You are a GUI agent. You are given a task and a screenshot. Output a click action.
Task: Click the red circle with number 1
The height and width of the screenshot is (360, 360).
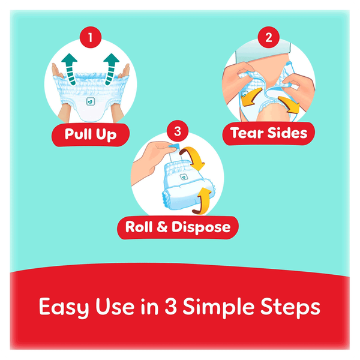pos(91,37)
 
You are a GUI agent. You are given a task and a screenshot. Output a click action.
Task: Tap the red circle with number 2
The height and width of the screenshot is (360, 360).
pos(268,37)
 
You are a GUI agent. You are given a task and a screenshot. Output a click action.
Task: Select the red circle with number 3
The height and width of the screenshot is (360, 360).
pos(178,131)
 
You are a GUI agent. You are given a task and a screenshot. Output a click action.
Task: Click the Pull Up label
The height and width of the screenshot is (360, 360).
pos(91,135)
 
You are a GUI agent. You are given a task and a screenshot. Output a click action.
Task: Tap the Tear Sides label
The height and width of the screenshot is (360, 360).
pos(269,133)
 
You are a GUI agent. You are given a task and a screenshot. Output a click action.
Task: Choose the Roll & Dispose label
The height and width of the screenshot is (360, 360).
pos(178,227)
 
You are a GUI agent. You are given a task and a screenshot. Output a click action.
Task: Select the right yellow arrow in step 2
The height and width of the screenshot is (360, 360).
pos(290,104)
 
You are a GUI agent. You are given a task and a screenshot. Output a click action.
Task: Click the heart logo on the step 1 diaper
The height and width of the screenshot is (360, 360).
pos(91,101)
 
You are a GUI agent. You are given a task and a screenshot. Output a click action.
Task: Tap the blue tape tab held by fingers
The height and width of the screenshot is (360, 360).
pos(174,147)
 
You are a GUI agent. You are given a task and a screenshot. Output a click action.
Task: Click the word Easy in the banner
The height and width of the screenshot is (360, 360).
pos(64,307)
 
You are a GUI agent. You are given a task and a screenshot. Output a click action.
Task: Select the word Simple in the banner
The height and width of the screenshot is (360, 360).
pos(218,307)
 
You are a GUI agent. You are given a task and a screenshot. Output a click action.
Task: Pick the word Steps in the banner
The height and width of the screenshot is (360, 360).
pos(290,307)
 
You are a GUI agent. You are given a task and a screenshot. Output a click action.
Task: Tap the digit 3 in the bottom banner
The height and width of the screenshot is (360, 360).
pos(170,306)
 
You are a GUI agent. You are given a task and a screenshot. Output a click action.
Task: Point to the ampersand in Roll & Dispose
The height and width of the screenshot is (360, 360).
pos(162,227)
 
